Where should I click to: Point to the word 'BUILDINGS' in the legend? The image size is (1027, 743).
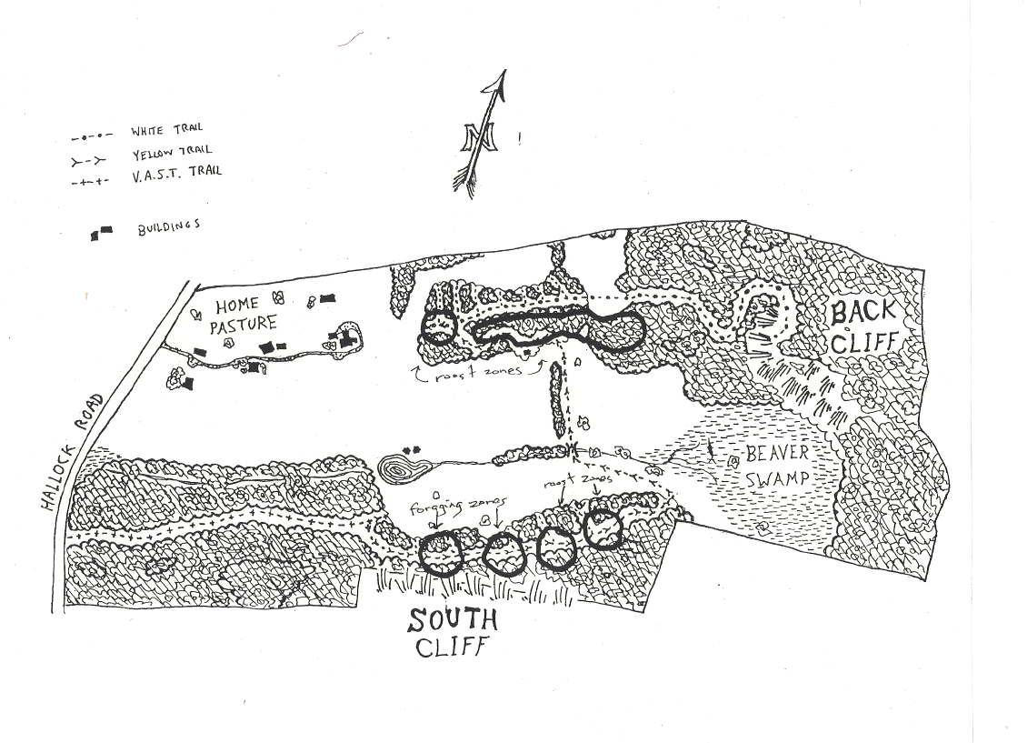pyautogui.click(x=168, y=227)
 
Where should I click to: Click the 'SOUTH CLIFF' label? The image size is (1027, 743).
pyautogui.click(x=452, y=633)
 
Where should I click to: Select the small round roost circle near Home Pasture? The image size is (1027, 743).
pyautogui.click(x=439, y=326)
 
